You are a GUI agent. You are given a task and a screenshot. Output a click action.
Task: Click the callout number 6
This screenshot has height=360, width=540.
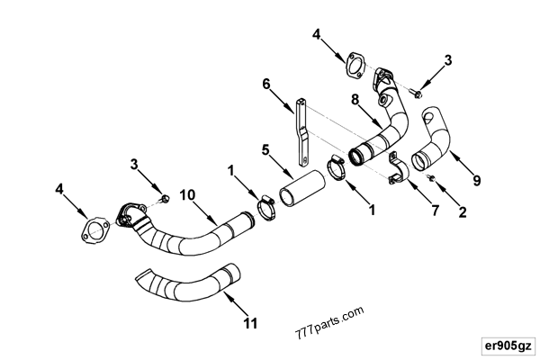click(x=266, y=84)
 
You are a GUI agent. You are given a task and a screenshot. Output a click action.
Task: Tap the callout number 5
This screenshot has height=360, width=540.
click(x=265, y=150)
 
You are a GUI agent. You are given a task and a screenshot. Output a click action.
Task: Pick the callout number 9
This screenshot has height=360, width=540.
click(x=477, y=180)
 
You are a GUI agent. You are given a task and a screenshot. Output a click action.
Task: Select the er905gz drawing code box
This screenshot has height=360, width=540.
click(x=506, y=344)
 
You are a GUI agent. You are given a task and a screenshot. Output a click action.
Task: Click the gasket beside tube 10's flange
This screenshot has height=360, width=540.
click(x=93, y=231)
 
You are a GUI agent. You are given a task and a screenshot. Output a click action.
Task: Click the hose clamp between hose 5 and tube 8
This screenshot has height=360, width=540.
click(x=337, y=167)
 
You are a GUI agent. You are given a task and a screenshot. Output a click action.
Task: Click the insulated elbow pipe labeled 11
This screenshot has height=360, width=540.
click(x=189, y=287)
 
